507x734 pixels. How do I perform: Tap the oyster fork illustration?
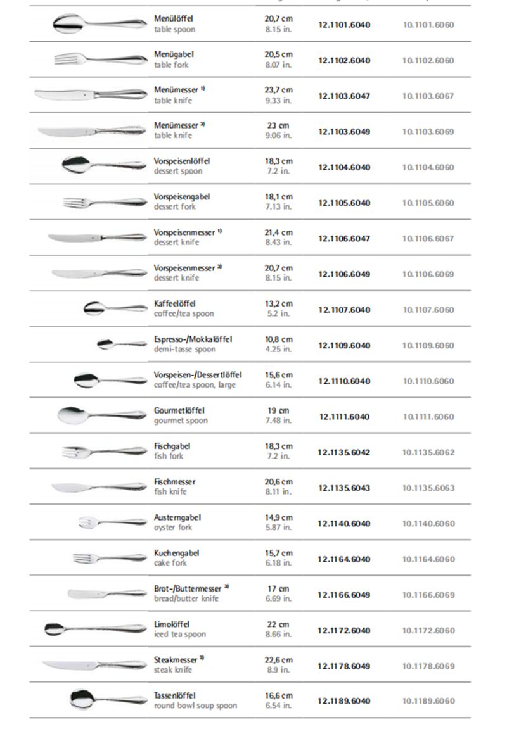tap(112, 522)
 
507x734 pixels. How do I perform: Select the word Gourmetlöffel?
tap(179, 411)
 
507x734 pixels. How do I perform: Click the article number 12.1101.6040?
tap(344, 25)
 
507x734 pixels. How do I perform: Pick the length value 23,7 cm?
tap(278, 91)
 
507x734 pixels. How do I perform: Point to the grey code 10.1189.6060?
tap(428, 701)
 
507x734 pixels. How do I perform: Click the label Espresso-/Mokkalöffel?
tap(193, 339)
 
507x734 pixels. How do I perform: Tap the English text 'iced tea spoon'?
tap(179, 635)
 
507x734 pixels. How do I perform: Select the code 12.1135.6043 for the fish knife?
tap(344, 488)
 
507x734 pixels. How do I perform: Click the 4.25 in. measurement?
tap(278, 350)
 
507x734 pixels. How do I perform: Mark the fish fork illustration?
tap(104, 452)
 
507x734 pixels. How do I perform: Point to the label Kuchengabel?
tap(176, 553)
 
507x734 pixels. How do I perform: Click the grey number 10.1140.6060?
tap(428, 524)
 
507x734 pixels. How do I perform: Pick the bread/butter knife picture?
tap(106, 594)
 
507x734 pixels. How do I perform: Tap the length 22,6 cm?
tap(278, 660)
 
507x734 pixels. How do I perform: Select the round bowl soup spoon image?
tap(108, 699)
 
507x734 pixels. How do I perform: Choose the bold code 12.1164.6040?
tap(344, 559)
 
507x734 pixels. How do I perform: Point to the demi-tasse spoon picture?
tap(121, 344)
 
